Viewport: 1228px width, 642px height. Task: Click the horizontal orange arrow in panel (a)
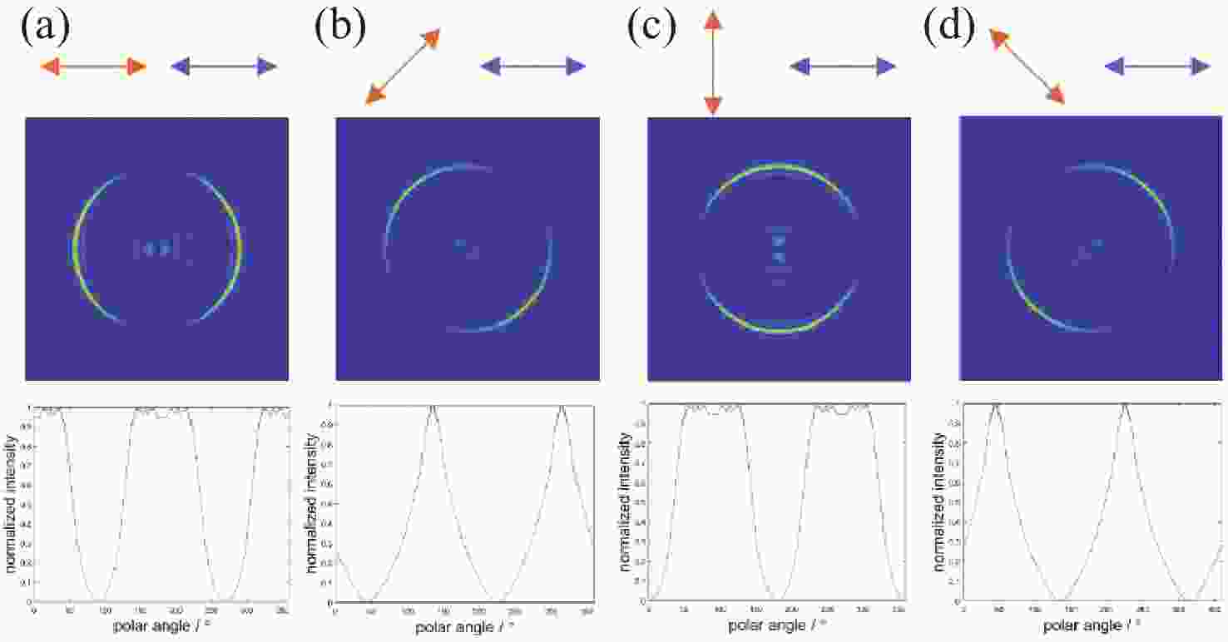click(x=92, y=67)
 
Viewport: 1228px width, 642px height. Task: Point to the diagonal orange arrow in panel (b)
click(x=403, y=67)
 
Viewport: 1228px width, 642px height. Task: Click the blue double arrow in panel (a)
click(x=223, y=67)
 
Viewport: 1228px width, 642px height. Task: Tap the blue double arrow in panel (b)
click(x=533, y=67)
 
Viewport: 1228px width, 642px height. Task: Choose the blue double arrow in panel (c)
click(x=844, y=67)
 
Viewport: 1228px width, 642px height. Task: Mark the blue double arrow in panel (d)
click(x=1157, y=67)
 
